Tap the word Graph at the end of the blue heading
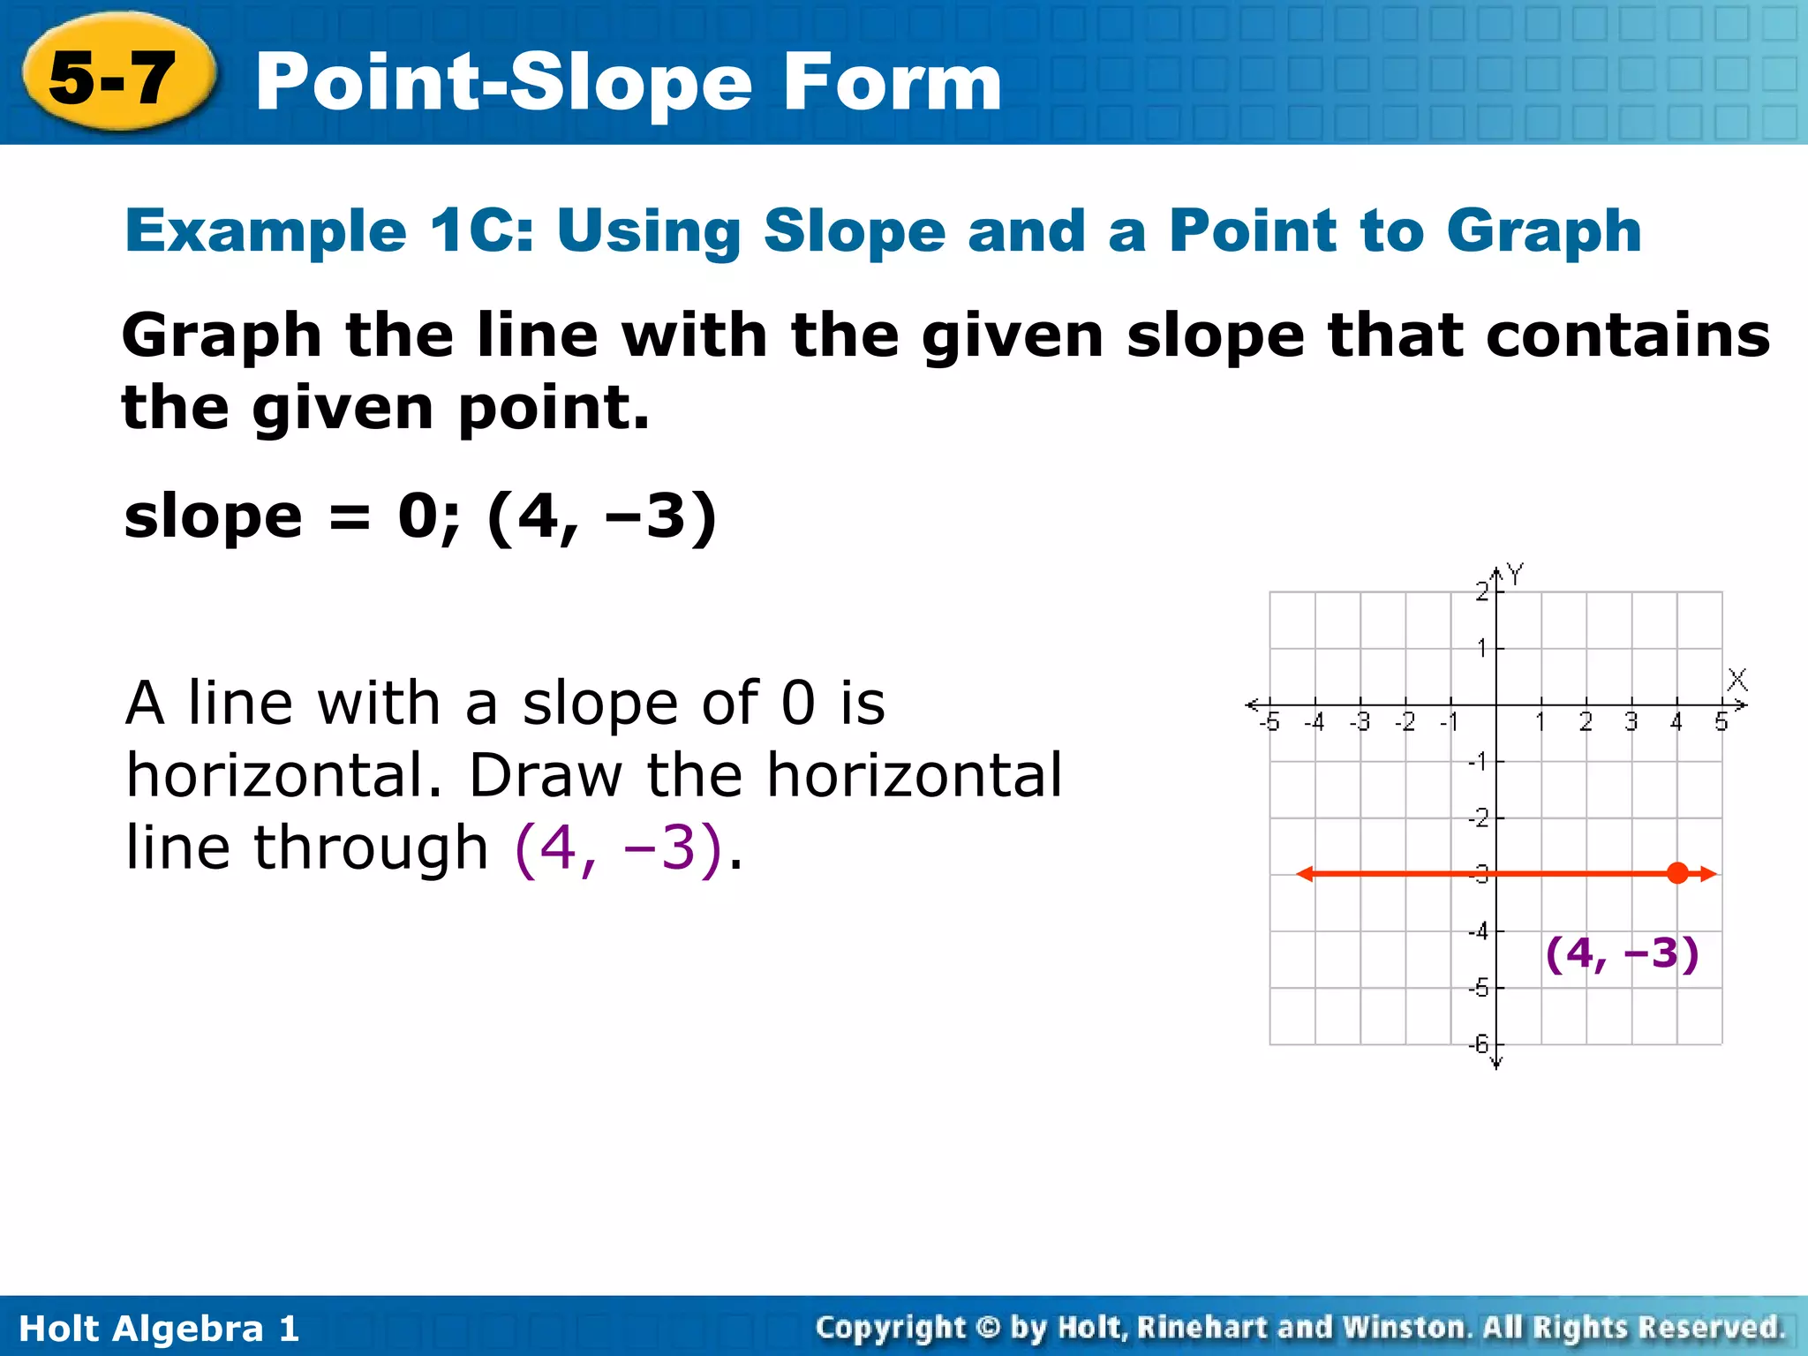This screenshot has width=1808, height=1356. [x=1543, y=231]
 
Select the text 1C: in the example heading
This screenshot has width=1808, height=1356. [x=482, y=231]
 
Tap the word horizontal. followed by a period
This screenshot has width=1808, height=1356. [x=282, y=775]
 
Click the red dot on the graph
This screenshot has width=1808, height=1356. [x=1677, y=874]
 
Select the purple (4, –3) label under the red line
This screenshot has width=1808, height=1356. [x=1622, y=953]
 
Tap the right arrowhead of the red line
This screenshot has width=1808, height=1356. [x=1709, y=874]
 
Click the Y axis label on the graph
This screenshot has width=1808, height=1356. [x=1516, y=574]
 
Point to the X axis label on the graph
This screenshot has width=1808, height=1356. [x=1736, y=680]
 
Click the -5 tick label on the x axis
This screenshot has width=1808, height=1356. [x=1269, y=723]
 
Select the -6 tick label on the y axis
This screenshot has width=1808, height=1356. [x=1479, y=1043]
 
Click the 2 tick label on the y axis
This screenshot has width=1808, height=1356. [x=1482, y=591]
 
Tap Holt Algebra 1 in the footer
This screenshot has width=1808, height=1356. [x=159, y=1329]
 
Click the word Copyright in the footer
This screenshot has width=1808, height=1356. [x=892, y=1327]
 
